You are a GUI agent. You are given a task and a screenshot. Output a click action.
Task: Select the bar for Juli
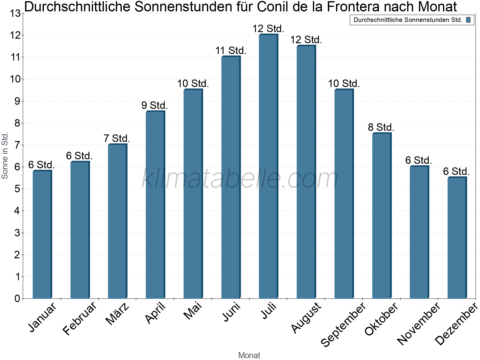[268, 166]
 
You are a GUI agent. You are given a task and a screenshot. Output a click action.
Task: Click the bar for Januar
[42, 234]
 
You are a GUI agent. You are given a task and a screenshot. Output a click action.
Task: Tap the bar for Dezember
[457, 238]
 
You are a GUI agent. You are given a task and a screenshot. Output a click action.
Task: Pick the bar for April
[155, 205]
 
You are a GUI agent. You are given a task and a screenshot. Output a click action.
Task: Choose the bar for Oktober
[381, 216]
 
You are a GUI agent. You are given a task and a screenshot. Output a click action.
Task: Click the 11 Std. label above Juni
[231, 51]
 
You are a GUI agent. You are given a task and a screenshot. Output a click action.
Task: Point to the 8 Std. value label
[381, 127]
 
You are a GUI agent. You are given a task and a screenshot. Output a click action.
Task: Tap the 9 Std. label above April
[154, 106]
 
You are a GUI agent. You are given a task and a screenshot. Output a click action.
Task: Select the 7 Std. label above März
[117, 139]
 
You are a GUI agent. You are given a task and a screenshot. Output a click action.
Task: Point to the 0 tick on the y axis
[17, 298]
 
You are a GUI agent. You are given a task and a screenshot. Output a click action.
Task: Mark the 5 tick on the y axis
[17, 189]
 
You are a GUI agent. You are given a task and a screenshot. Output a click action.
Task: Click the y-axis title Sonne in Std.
[5, 156]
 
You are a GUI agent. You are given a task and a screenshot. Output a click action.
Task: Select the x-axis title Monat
[249, 355]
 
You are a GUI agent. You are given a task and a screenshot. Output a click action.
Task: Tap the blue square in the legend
[468, 20]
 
